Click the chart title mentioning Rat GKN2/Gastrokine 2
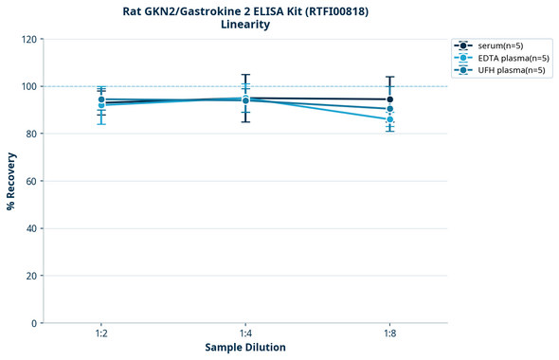[244, 10]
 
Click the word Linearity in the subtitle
[244, 25]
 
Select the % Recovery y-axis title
[11, 180]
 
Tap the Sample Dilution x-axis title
[245, 348]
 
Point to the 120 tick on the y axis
[29, 40]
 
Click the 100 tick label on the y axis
[29, 87]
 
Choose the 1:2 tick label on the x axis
[101, 333]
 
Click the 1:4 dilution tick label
[245, 333]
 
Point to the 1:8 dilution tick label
[389, 333]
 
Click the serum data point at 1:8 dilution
[389, 99]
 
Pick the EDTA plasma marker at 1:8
[389, 119]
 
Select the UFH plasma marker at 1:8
[389, 109]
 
